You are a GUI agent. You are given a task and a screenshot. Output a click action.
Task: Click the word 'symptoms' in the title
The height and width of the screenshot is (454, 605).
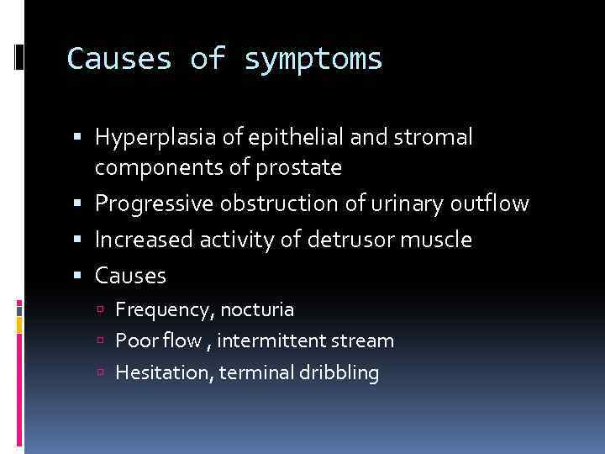[x=313, y=60]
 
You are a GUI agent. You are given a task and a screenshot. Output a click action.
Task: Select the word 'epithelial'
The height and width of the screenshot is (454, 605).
[x=276, y=136]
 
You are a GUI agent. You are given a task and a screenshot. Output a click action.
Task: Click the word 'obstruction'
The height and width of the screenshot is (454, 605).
[x=272, y=203]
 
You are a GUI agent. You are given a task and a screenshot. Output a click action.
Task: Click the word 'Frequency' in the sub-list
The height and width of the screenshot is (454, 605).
[x=165, y=310]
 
